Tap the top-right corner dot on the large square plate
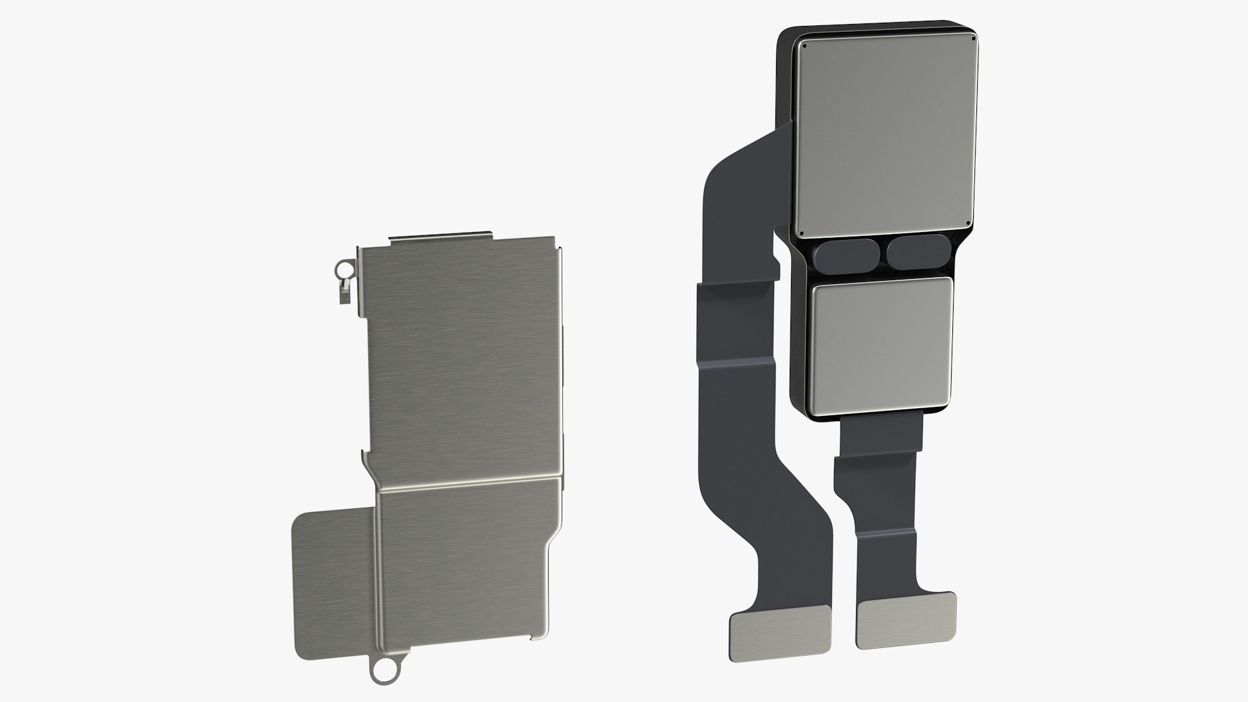(x=973, y=38)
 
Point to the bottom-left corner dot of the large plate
(x=801, y=234)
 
